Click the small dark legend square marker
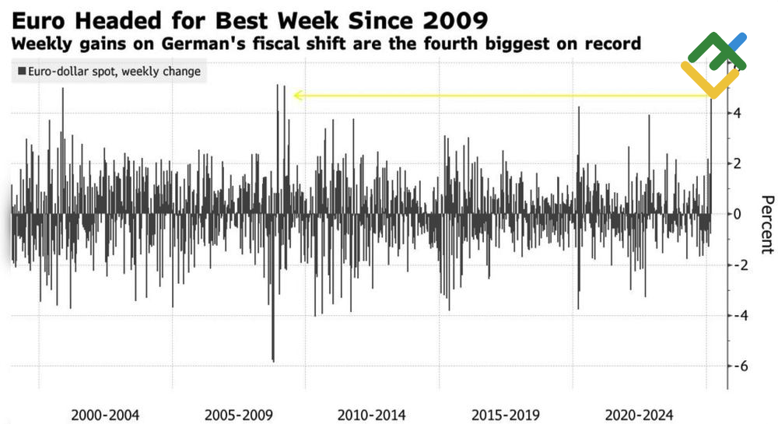(x=21, y=72)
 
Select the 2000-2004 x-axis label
(x=105, y=414)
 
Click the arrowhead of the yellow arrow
(x=297, y=96)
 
